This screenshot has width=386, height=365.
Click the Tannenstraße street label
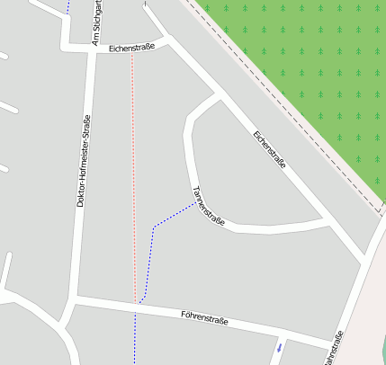208,206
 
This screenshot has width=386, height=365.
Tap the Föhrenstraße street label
204,317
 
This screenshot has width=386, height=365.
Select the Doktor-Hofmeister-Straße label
82,162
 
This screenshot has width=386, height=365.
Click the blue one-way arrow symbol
280,346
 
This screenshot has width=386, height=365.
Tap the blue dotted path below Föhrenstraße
135,337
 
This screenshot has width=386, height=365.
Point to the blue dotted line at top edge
67,7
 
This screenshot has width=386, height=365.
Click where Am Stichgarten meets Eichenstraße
93,49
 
